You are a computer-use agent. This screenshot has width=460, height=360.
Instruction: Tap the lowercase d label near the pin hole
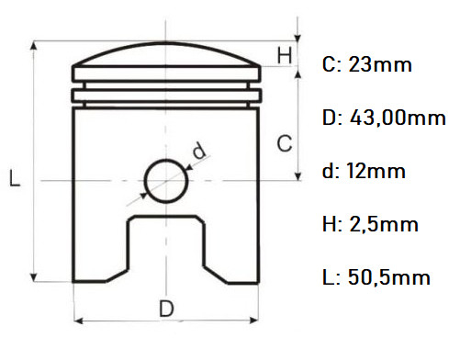pos(198,150)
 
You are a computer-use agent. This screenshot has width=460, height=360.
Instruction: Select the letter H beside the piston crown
pos(286,56)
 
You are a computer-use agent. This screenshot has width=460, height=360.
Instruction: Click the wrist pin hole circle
pos(166,178)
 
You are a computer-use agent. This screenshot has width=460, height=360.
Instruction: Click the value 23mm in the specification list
pos(380,65)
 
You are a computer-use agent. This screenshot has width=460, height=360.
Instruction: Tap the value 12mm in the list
pos(376,171)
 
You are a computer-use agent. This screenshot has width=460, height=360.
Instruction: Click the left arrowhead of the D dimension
pos(78,321)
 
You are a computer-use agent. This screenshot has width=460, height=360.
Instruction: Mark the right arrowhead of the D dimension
pos(254,321)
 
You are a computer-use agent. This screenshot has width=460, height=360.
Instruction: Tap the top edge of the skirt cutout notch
pos(166,217)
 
